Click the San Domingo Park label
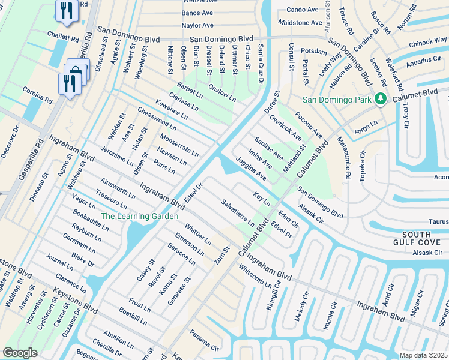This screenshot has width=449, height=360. [336, 99]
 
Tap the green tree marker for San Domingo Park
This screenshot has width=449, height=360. [379, 99]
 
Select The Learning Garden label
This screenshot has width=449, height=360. [139, 216]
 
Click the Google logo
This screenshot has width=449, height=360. [20, 353]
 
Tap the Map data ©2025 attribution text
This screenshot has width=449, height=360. [423, 355]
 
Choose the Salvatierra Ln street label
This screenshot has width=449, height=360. [238, 212]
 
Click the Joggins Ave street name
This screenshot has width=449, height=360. [251, 169]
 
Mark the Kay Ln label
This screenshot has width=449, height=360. [262, 199]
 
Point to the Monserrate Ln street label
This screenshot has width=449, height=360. [179, 145]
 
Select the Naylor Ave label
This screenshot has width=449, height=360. [198, 26]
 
